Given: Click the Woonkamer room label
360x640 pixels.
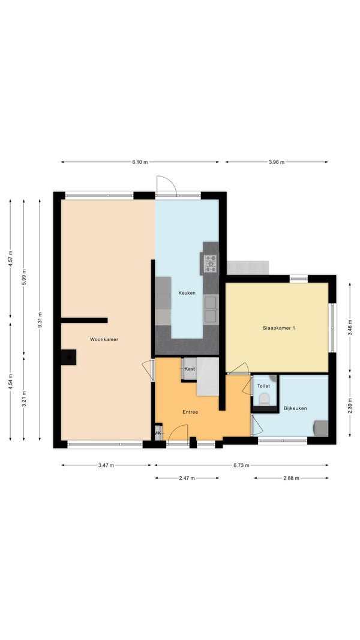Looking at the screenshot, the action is (x=104, y=339).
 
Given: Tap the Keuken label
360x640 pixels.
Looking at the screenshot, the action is (x=187, y=292).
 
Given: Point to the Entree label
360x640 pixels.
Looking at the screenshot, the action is (x=190, y=412).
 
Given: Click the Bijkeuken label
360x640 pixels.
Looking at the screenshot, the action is (x=296, y=408).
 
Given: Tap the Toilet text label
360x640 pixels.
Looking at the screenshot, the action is (x=263, y=385).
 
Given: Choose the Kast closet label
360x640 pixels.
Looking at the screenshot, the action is (x=190, y=369).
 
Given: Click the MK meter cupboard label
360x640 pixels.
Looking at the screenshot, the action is (x=158, y=433).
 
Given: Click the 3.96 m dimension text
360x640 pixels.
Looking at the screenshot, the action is (x=277, y=162).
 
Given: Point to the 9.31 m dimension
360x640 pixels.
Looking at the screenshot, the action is (x=40, y=320).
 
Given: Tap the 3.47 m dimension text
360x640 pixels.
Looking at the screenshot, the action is (x=106, y=465).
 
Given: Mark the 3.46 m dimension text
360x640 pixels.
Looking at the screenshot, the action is (x=350, y=327).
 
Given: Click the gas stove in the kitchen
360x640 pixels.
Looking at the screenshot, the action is (x=211, y=264).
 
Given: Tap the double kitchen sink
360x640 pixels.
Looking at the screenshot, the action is (x=211, y=309).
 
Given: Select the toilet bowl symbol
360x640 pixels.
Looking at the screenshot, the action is (x=264, y=399).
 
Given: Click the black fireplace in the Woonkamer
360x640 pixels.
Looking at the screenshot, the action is (x=68, y=357).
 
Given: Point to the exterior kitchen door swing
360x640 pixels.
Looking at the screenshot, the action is (x=166, y=186).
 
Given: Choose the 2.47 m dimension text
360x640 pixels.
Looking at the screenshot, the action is (x=187, y=478).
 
